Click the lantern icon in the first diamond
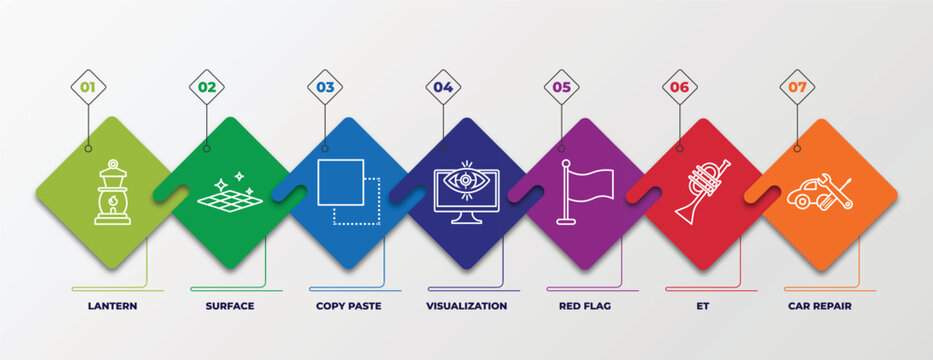click(x=111, y=193)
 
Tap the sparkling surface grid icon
click(x=229, y=191)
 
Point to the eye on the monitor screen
click(x=466, y=182)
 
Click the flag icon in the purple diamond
click(x=587, y=191)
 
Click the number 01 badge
click(x=88, y=87)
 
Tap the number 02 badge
click(x=207, y=87)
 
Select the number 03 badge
click(x=325, y=87)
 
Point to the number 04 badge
click(x=443, y=87)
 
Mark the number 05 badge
click(x=562, y=87)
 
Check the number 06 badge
click(x=680, y=87)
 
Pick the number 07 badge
click(x=797, y=87)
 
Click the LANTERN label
click(x=112, y=306)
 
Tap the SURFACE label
click(x=230, y=306)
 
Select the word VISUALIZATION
click(x=467, y=306)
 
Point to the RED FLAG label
click(x=585, y=306)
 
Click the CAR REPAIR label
click(x=821, y=306)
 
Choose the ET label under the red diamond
click(x=703, y=306)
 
